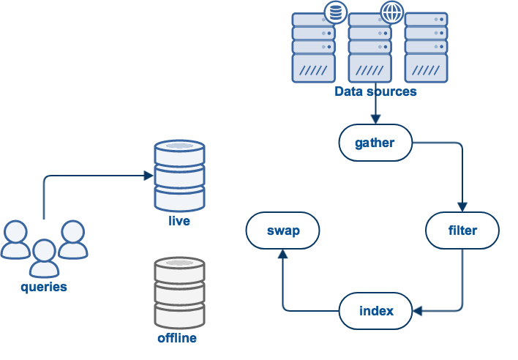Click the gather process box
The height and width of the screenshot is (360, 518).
coord(375,143)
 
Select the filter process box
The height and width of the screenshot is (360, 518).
coord(462,230)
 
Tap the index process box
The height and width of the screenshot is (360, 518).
coord(376,311)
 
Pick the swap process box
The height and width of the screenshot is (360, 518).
coord(282,230)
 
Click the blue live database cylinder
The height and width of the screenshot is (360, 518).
coord(179,176)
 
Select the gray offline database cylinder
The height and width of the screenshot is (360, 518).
coord(179,293)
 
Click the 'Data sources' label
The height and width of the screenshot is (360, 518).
coord(375,92)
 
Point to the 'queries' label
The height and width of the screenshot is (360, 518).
coord(44,287)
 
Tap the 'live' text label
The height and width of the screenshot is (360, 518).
coord(179,220)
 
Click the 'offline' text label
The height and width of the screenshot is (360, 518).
coord(177,338)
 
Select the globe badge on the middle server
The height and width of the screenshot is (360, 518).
coord(391,12)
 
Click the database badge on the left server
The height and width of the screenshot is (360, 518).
coord(335,12)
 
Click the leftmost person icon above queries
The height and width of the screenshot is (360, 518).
coord(16,240)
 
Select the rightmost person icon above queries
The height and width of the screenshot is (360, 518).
coord(72,240)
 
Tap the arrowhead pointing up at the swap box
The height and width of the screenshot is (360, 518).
coord(282,254)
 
